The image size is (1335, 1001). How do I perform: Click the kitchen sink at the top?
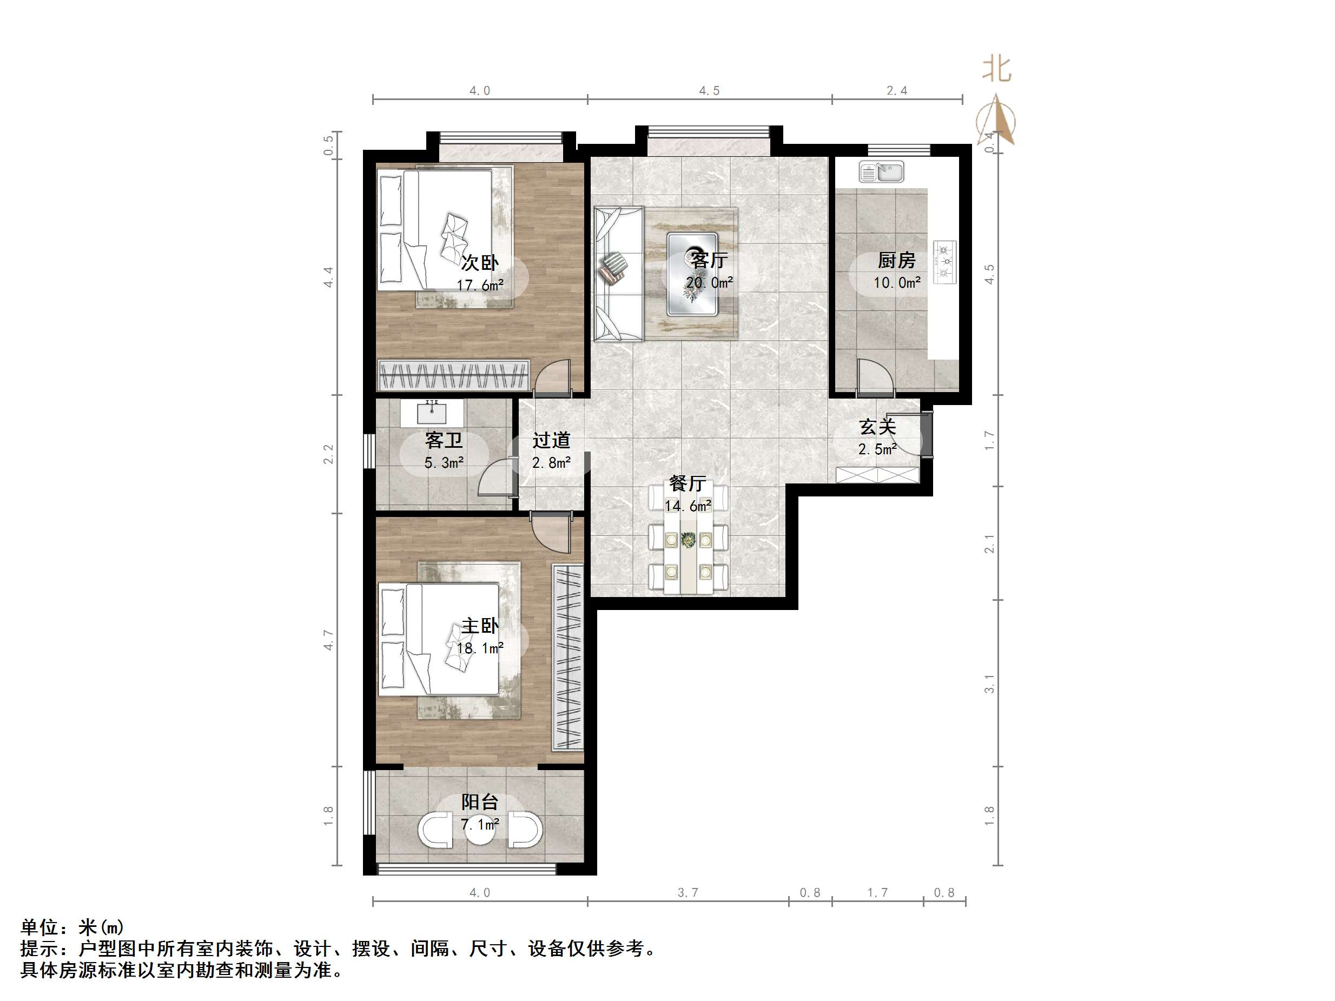pyautogui.click(x=882, y=172)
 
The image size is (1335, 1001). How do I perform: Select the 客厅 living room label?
pyautogui.click(x=709, y=260)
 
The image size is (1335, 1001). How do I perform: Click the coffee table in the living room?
pyautogui.click(x=692, y=275)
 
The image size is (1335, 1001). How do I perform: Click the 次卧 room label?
pyautogui.click(x=480, y=262)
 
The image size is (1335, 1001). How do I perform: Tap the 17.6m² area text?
pyautogui.click(x=480, y=285)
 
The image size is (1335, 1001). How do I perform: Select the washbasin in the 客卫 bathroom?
pyautogui.click(x=432, y=413)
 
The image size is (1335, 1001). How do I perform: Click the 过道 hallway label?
pyautogui.click(x=551, y=440)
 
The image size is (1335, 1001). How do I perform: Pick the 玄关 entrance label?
pyautogui.click(x=877, y=427)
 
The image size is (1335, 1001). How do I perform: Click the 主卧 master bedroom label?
pyautogui.click(x=480, y=626)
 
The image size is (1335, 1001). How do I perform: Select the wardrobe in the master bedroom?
pyautogui.click(x=568, y=657)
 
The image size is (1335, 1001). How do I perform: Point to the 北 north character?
pyautogui.click(x=996, y=69)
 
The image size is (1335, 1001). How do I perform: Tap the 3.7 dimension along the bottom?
pyautogui.click(x=688, y=892)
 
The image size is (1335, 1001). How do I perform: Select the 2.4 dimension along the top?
pyautogui.click(x=897, y=90)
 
